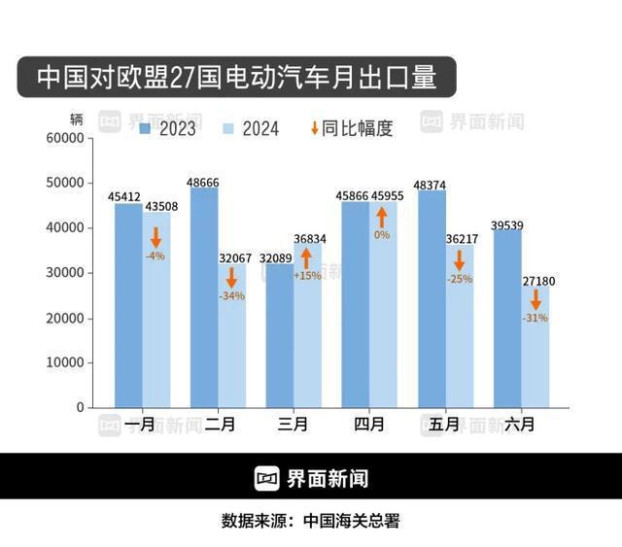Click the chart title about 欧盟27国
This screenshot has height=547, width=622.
(236, 77)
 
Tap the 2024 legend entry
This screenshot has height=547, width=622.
(251, 128)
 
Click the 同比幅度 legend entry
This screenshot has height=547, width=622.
(351, 128)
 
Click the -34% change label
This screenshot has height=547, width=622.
(232, 295)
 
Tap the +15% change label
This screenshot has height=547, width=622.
(307, 275)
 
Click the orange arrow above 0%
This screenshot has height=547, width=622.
(382, 217)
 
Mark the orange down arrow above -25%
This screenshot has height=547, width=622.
(459, 260)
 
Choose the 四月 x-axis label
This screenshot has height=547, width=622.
(369, 425)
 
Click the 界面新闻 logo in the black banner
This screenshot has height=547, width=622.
(311, 478)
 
